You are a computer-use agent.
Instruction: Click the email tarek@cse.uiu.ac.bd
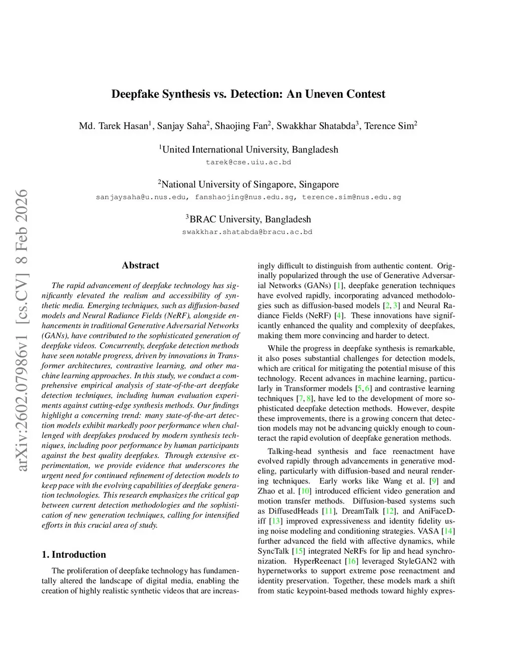[x=248, y=162]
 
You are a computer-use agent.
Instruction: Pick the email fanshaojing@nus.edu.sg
[x=245, y=197]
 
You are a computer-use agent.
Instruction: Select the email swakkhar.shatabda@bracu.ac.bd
[x=247, y=232]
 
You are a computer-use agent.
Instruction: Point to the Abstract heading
[x=140, y=265]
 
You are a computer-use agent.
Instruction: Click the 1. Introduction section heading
[x=74, y=555]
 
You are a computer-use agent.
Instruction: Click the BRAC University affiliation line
[x=248, y=220]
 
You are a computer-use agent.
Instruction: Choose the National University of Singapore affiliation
[x=248, y=185]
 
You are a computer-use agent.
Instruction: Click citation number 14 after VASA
[x=449, y=531]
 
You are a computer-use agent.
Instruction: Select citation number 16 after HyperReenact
[x=351, y=561]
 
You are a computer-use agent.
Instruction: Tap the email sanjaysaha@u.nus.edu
[x=142, y=197]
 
